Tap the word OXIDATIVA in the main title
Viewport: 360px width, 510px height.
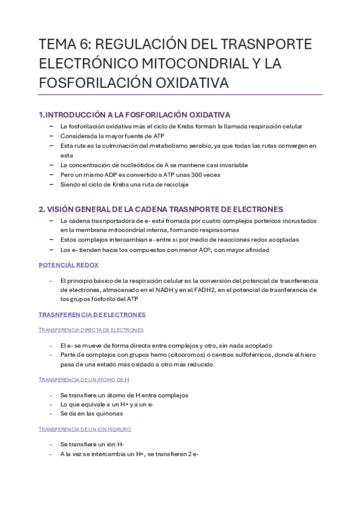point(189,83)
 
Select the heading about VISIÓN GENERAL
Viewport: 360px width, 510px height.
point(160,209)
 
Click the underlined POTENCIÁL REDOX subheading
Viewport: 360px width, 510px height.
point(69,265)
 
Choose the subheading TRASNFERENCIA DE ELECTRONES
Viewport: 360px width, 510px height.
point(92,315)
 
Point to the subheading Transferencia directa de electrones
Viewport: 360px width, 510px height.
point(91,330)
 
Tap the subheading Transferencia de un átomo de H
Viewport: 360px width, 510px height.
point(84,379)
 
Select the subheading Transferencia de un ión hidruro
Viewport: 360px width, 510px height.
point(85,429)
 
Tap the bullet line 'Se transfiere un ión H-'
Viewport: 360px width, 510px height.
point(92,444)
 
